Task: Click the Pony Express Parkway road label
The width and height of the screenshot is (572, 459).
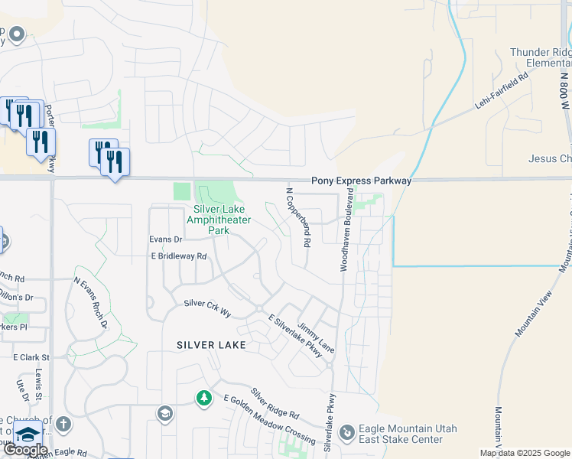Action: pos(361,181)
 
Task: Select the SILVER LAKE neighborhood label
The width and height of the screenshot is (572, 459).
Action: pos(211,345)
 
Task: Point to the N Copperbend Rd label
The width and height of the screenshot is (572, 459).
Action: pos(297,217)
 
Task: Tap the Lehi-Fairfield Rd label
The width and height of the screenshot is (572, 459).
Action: pos(502,88)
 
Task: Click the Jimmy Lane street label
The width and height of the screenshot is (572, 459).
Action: pos(316,337)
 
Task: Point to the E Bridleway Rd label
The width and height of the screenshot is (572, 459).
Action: pos(178,256)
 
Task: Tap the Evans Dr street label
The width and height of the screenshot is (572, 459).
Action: pos(164,239)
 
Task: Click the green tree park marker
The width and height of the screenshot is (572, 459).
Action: pos(203,398)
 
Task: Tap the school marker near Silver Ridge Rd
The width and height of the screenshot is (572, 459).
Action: pos(164,414)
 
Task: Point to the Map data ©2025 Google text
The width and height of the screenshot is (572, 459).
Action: pos(524,453)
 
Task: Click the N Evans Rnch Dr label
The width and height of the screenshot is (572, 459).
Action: pos(89,302)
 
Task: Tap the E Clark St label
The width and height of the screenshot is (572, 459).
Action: pos(31,357)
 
